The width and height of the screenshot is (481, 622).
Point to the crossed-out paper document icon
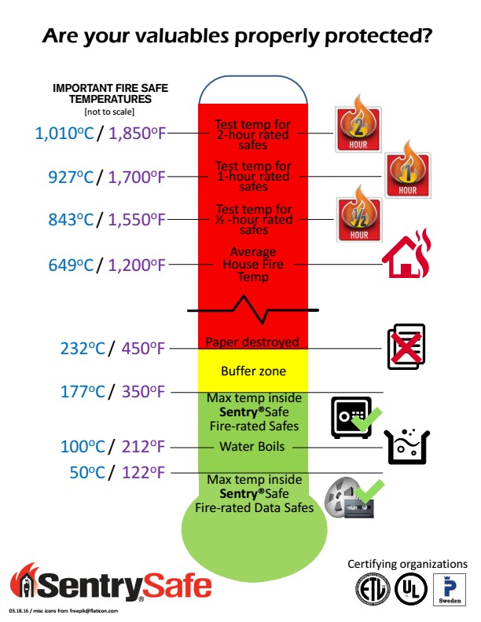click(x=406, y=346)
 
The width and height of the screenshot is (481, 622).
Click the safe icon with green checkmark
click(x=356, y=417)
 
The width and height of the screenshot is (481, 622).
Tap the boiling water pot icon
click(x=407, y=447)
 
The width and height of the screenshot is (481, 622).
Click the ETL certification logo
click(x=373, y=590)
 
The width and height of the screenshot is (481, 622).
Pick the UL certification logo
click(x=411, y=590)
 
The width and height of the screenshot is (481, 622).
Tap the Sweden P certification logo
click(x=450, y=590)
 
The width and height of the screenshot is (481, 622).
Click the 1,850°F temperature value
click(x=137, y=134)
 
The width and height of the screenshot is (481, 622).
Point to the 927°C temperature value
click(x=71, y=177)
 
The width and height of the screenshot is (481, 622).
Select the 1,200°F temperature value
click(x=137, y=265)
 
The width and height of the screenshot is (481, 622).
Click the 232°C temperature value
click(x=83, y=348)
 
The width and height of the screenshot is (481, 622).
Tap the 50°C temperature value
click(x=87, y=473)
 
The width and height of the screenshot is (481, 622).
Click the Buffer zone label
click(x=253, y=371)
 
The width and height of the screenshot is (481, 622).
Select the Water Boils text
click(x=252, y=446)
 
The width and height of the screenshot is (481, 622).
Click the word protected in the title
click(x=378, y=35)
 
